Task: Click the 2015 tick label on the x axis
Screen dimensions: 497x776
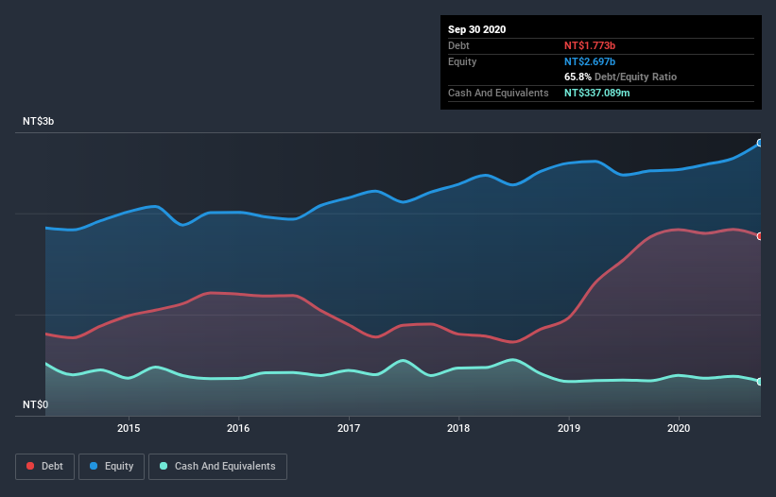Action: pyautogui.click(x=129, y=428)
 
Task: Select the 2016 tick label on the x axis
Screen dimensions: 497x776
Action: pyautogui.click(x=239, y=428)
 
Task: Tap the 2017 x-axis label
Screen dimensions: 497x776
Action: pyautogui.click(x=350, y=428)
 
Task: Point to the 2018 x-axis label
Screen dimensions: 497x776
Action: pyautogui.click(x=458, y=428)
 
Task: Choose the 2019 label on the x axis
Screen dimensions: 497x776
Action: pyautogui.click(x=569, y=428)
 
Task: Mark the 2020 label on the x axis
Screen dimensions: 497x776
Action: pyautogui.click(x=679, y=428)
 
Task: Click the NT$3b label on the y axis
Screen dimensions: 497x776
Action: pyautogui.click(x=38, y=122)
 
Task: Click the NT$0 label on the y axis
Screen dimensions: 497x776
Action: pyautogui.click(x=35, y=404)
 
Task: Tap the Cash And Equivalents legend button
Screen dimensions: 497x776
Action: pyautogui.click(x=218, y=466)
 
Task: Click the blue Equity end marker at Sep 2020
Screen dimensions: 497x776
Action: pyautogui.click(x=760, y=143)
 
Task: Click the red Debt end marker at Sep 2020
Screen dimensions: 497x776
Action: pyautogui.click(x=760, y=236)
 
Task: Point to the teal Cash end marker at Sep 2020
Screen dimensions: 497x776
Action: pyautogui.click(x=760, y=382)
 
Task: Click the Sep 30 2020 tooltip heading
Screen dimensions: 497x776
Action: pyautogui.click(x=476, y=29)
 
